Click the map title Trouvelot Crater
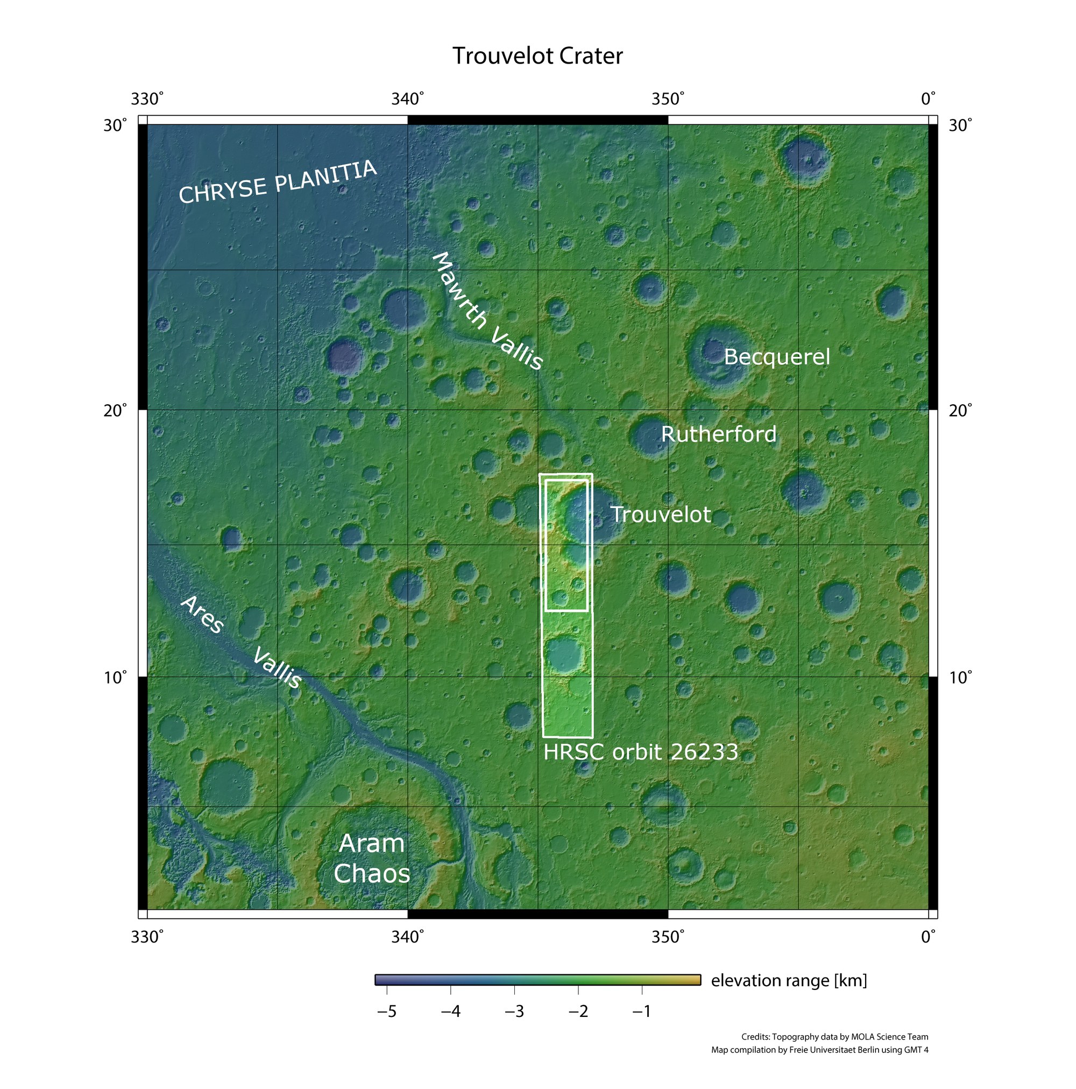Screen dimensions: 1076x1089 pos(537,57)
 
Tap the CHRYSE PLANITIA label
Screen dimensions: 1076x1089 pos(277,181)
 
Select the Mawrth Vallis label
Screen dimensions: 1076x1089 pos(487,312)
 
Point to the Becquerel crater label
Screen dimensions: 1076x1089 pos(776,357)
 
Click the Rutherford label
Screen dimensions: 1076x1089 pos(718,434)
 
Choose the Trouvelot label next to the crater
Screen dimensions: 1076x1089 pos(660,515)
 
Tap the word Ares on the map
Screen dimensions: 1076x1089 pos(202,614)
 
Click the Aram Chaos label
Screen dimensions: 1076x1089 pos(371,858)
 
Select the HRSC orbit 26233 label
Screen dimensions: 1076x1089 pos(641,752)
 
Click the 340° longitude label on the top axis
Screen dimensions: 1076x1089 pos(407,99)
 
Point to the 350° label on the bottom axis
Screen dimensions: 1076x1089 pos(668,937)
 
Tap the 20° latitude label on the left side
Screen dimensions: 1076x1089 pos(116,410)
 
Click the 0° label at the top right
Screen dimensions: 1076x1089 pos(928,99)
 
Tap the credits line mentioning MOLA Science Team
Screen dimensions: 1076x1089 pos(834,1037)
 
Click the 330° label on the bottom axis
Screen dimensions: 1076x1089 pos(147,937)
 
